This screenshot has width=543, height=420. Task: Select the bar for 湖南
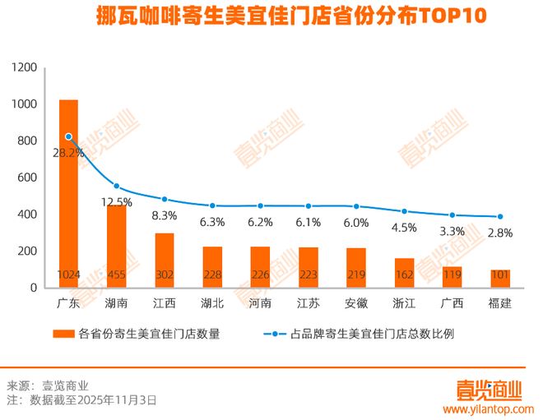[117, 246]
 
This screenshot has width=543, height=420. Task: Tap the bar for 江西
[165, 260]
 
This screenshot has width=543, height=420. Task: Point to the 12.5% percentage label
[117, 202]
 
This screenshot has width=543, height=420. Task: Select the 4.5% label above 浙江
[403, 228]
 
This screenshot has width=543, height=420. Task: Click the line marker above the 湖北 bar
[212, 205]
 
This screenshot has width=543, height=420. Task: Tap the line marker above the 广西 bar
[452, 215]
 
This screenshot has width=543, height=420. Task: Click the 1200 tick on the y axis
[26, 67]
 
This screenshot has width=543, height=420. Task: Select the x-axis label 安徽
[356, 303]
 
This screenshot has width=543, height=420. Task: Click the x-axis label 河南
[261, 303]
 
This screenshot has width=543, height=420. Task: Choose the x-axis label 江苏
[309, 303]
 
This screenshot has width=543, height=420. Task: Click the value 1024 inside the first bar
[68, 275]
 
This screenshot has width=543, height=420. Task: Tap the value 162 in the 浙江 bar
[404, 275]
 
